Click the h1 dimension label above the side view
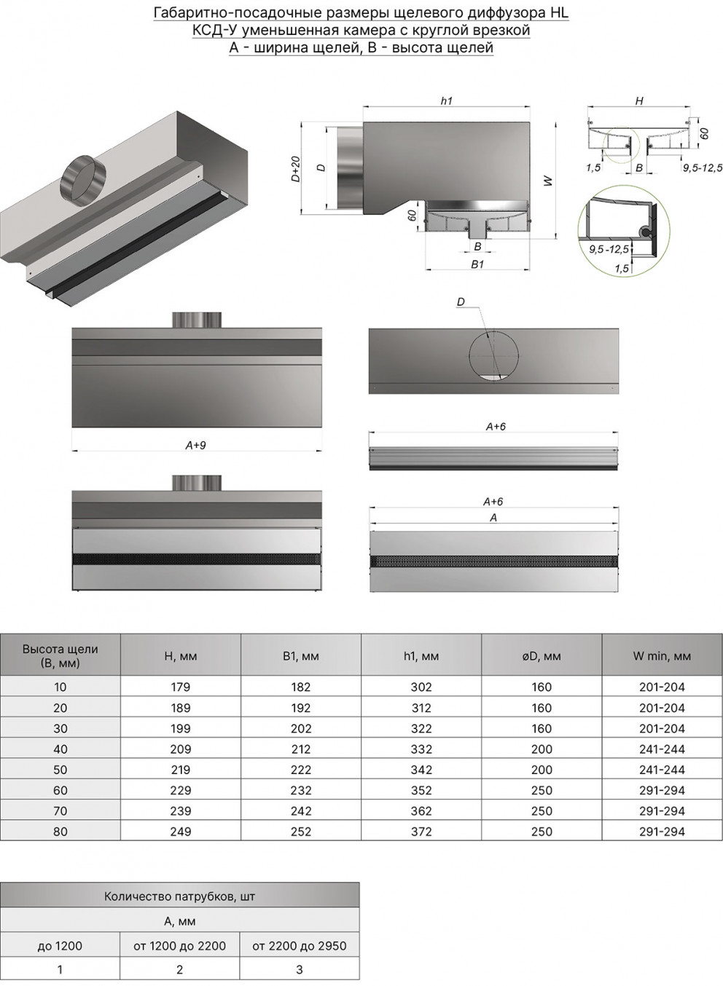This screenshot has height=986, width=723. (x=446, y=101)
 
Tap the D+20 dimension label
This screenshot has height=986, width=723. (x=295, y=169)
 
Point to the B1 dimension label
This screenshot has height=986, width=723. (x=477, y=264)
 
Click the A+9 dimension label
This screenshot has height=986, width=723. (x=195, y=445)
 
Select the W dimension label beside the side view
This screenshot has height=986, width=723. (x=549, y=181)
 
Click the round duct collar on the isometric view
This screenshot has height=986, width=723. (x=83, y=181)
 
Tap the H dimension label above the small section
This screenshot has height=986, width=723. (x=639, y=101)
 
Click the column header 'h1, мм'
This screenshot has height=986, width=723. (x=421, y=656)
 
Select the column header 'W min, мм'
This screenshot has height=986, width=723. (x=662, y=656)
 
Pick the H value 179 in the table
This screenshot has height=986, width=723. (x=181, y=687)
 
